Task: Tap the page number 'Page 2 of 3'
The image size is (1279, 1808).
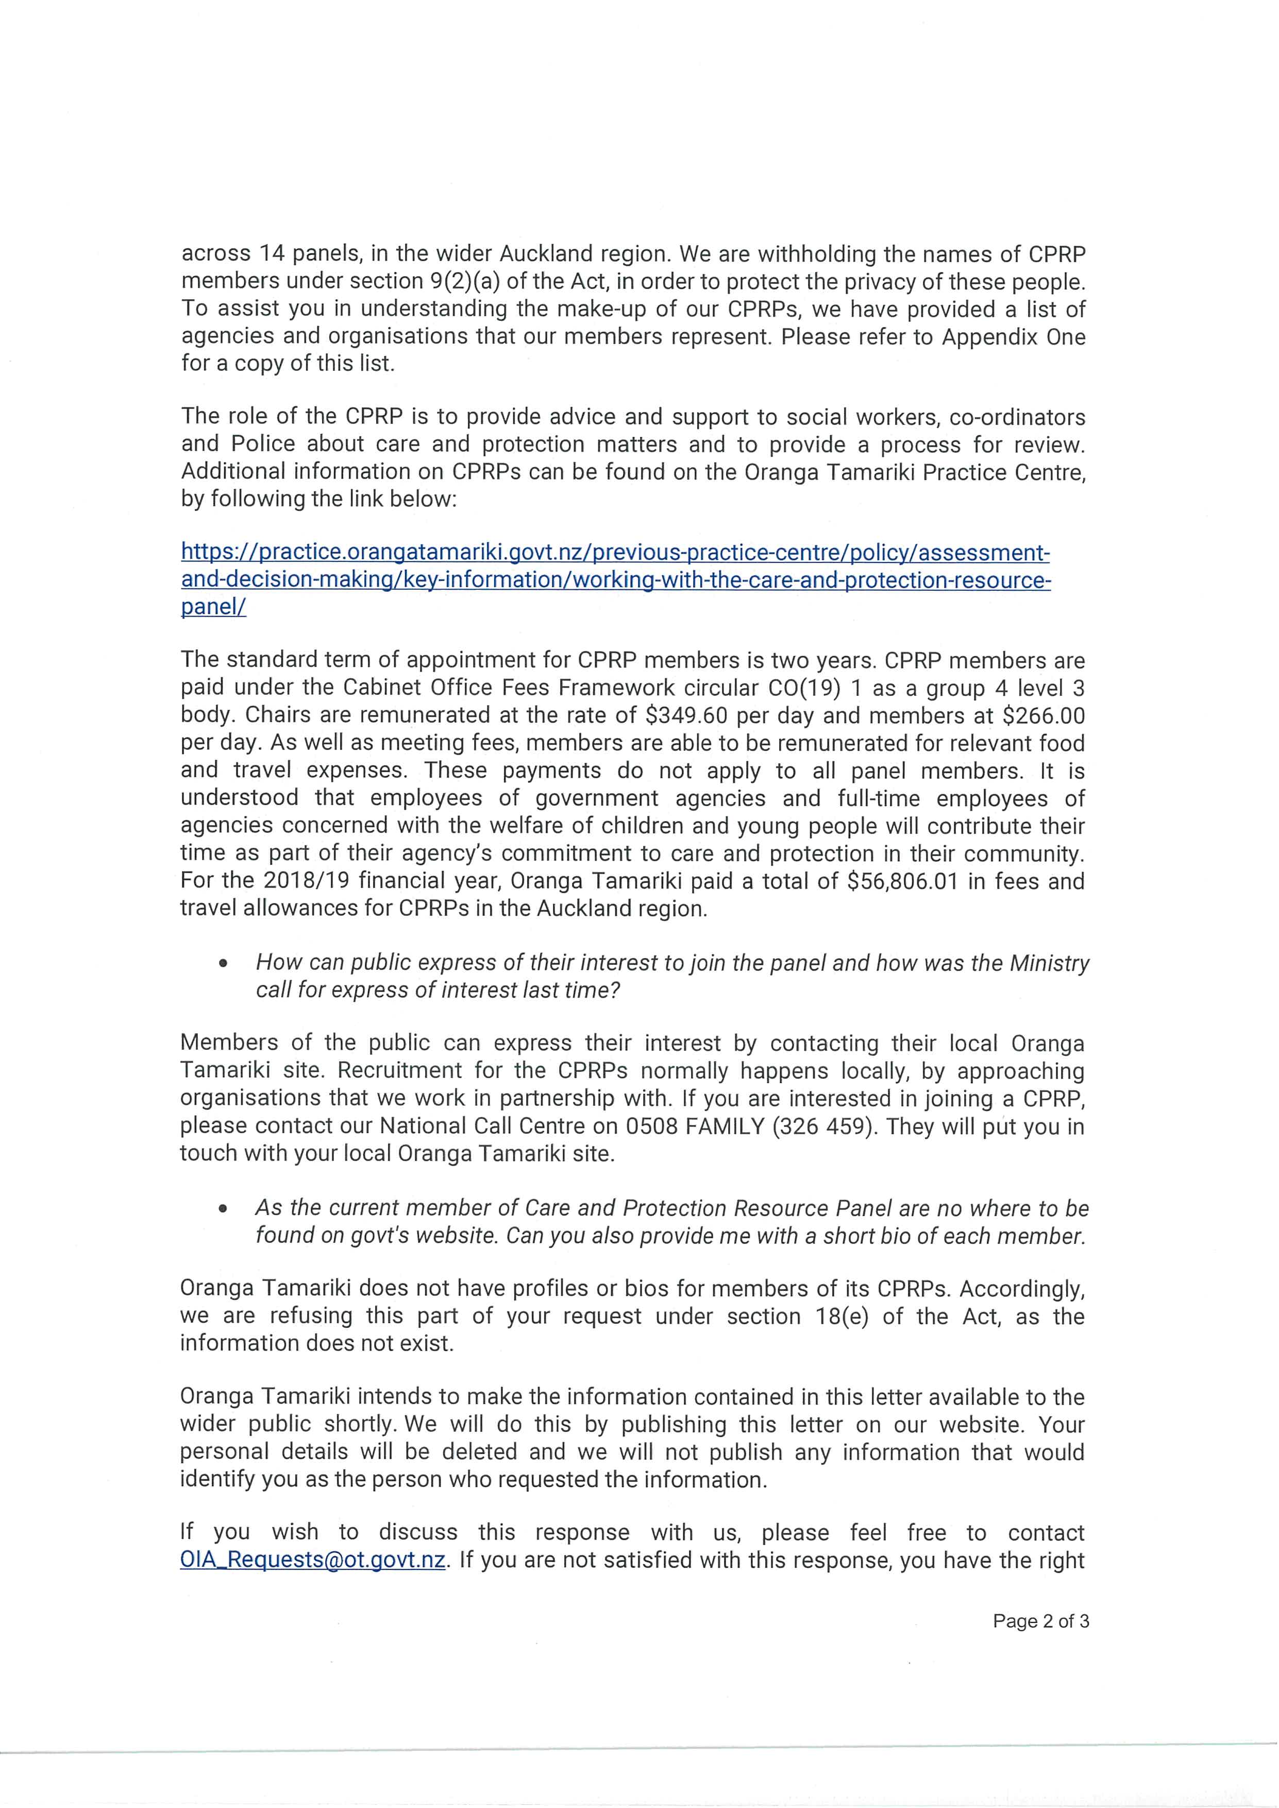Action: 1040,1622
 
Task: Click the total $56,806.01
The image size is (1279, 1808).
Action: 902,881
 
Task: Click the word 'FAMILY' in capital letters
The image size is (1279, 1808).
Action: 725,1127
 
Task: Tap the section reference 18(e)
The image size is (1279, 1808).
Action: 841,1317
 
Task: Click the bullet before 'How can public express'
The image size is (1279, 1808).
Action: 225,963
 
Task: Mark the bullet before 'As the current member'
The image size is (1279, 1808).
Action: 225,1209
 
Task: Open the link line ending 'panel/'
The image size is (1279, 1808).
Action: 213,607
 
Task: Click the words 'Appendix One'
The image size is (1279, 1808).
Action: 1014,337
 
